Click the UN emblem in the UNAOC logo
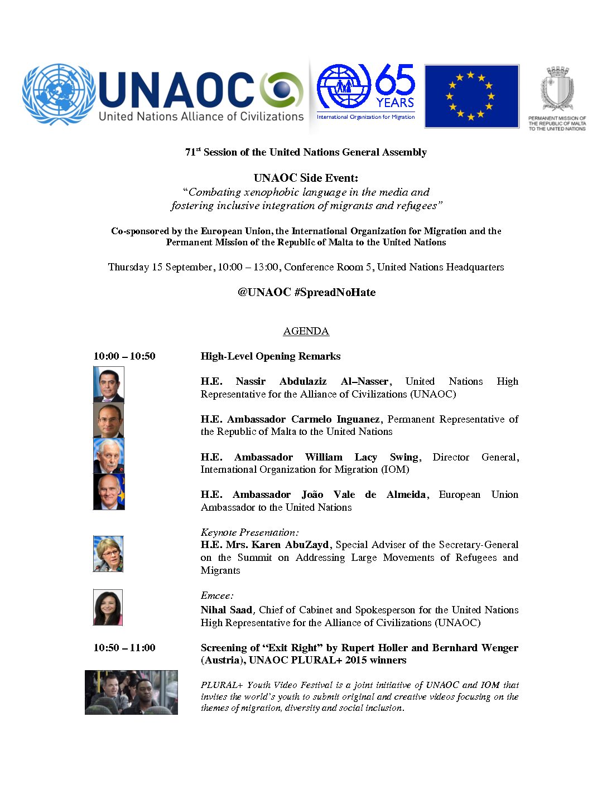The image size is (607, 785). pyautogui.click(x=59, y=94)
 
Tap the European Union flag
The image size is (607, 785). pyautogui.click(x=471, y=96)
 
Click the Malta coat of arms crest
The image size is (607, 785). pyautogui.click(x=557, y=89)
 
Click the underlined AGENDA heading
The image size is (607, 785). pyautogui.click(x=306, y=331)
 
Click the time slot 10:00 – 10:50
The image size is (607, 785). pyautogui.click(x=124, y=356)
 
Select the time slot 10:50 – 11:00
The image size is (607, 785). pyautogui.click(x=124, y=648)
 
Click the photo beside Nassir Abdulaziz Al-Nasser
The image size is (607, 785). pyautogui.click(x=108, y=384)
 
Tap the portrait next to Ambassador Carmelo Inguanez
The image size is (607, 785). pyautogui.click(x=108, y=420)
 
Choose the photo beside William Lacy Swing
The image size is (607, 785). pyautogui.click(x=108, y=456)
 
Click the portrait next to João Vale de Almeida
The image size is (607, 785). pyautogui.click(x=108, y=492)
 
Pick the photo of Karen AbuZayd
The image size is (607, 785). pyautogui.click(x=108, y=554)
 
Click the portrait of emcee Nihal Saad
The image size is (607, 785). pyautogui.click(x=108, y=607)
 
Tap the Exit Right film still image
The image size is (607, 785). pyautogui.click(x=131, y=692)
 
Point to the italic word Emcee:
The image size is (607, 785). pyautogui.click(x=217, y=595)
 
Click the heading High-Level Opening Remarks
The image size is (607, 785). pyautogui.click(x=271, y=356)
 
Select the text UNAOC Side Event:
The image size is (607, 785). pyautogui.click(x=306, y=178)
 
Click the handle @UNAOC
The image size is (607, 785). pyautogui.click(x=264, y=292)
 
